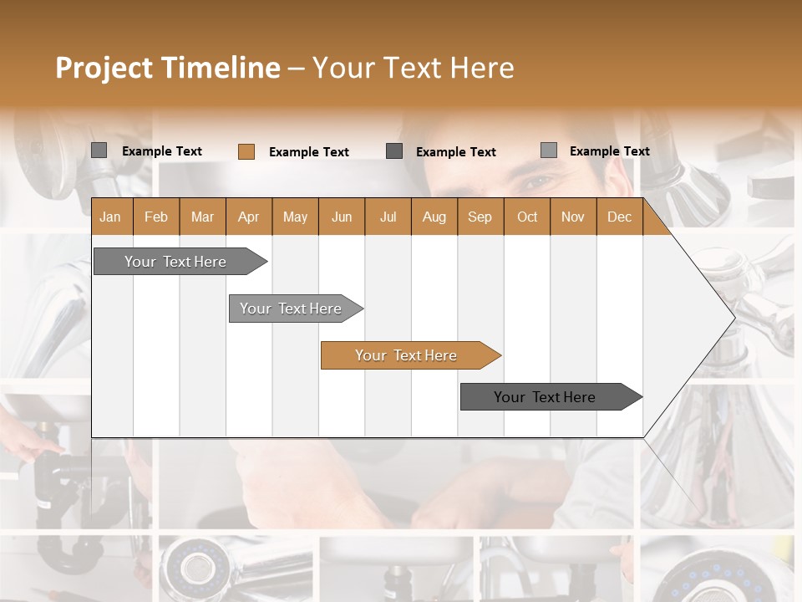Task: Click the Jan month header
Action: pos(111,217)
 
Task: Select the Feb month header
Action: pos(156,217)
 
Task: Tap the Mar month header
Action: pos(202,217)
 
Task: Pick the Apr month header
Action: pos(249,217)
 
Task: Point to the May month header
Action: pos(295,217)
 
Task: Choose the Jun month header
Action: pos(342,217)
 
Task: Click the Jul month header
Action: pos(388,217)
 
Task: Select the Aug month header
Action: pos(434,217)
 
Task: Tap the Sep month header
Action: pos(480,217)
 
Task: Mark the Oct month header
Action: pos(527,217)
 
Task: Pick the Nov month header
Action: pos(573,217)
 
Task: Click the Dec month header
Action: pos(620,217)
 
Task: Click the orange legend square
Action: pos(246,151)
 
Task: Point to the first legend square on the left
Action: pos(99,150)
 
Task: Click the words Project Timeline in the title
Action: pos(168,68)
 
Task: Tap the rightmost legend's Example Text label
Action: pos(609,151)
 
